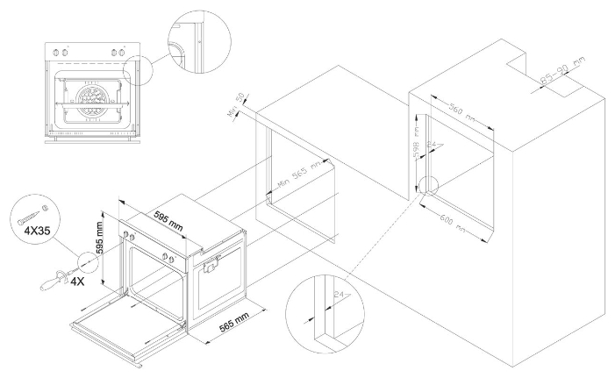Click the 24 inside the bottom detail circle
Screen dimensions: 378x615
(x=338, y=294)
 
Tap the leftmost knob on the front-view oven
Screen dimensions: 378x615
(x=59, y=50)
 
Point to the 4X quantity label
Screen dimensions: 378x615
(x=77, y=282)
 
